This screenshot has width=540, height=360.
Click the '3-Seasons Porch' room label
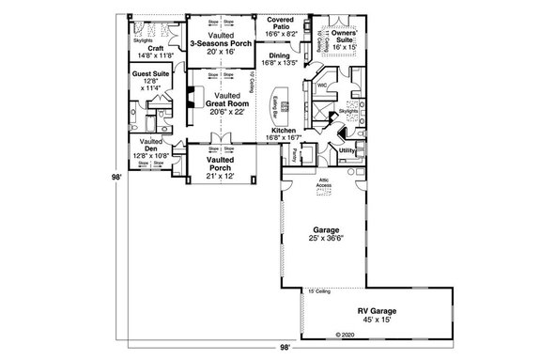click(221, 43)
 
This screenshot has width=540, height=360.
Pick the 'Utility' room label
click(347, 149)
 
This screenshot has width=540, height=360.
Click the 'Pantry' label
click(296, 150)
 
